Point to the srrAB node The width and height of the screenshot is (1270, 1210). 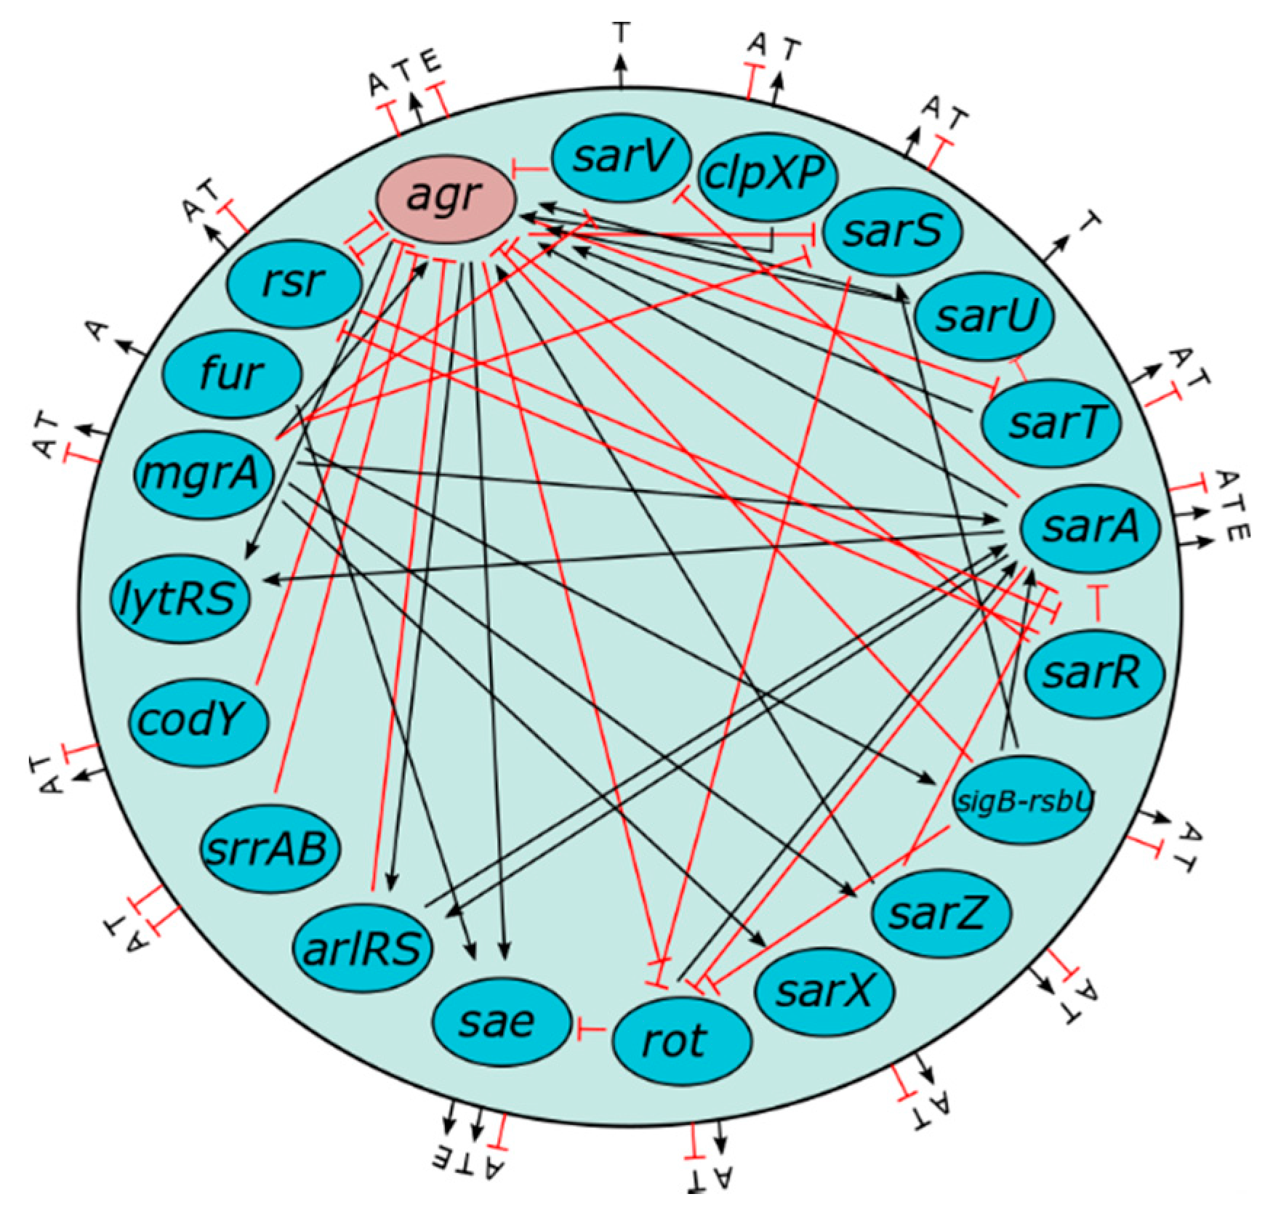pyautogui.click(x=265, y=847)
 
